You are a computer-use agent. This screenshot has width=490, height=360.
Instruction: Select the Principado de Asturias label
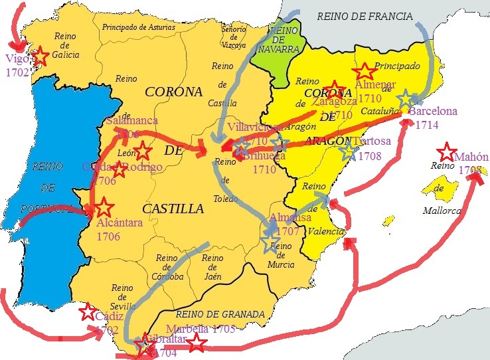pos(141,27)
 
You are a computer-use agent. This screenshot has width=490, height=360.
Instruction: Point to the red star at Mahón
pos(447,151)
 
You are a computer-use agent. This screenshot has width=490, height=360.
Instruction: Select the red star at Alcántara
pos(102,207)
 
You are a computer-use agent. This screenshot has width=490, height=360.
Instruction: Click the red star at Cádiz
pos(87,312)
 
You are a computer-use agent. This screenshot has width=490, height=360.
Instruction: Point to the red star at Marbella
pos(196,343)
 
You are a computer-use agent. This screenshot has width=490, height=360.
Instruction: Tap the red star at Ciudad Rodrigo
pos(119,170)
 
